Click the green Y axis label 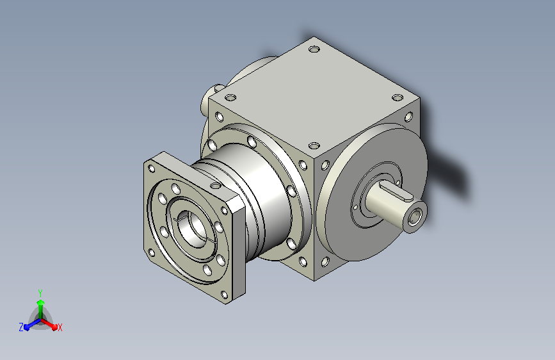(x=40, y=293)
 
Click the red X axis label (x=60, y=328)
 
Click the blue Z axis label (x=21, y=327)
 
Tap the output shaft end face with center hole (x=415, y=218)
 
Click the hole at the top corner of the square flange (x=152, y=168)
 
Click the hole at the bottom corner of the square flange (x=223, y=295)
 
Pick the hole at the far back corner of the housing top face (x=314, y=49)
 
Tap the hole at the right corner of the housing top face (x=398, y=97)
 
